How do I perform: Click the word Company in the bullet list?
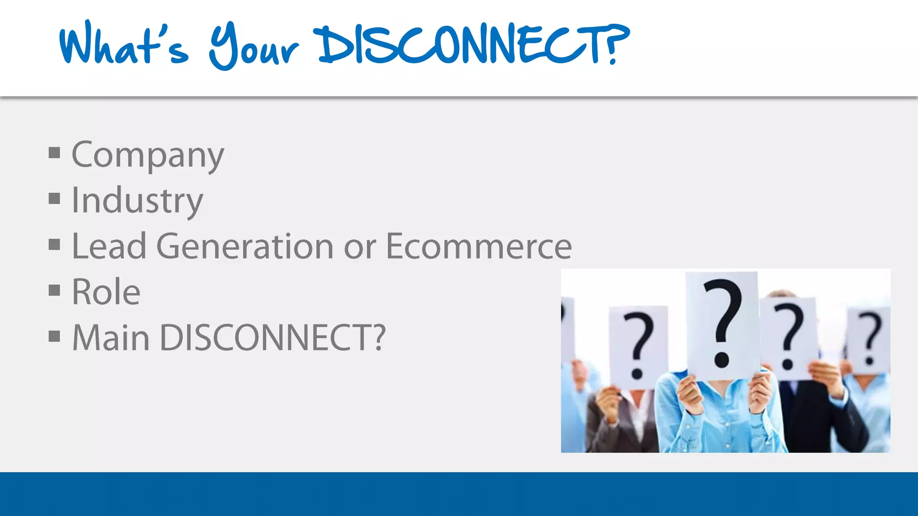point(148,155)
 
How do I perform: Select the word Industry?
point(137,201)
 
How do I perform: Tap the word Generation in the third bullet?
point(245,246)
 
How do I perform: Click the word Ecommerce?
point(479,246)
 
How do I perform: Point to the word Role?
point(106,292)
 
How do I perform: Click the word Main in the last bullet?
point(111,338)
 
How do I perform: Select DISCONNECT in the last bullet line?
point(267,338)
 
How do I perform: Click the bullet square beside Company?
point(54,153)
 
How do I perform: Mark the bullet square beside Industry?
point(54,198)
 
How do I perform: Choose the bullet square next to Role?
point(54,290)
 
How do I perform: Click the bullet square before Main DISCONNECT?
point(54,336)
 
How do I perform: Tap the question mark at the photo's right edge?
point(870,339)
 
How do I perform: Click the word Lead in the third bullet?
point(109,246)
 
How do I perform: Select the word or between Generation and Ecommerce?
point(359,247)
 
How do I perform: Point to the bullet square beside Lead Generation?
point(54,245)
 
